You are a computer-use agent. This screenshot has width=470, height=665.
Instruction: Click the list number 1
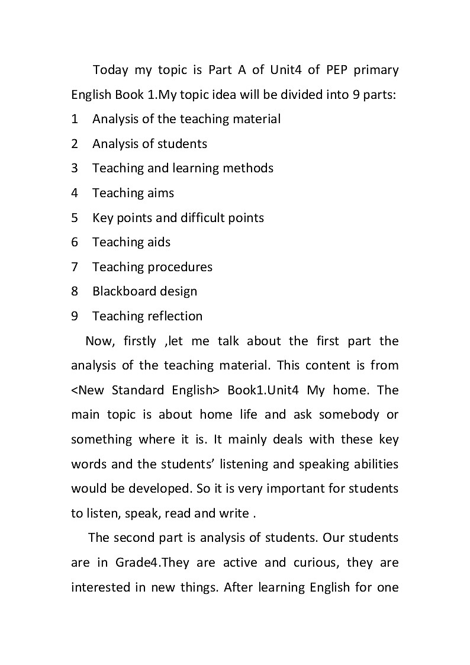point(75,119)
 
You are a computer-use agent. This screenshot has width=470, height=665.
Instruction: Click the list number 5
point(75,217)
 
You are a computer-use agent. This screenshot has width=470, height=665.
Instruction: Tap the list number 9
point(75,316)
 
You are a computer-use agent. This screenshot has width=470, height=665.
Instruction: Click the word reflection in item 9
point(175,316)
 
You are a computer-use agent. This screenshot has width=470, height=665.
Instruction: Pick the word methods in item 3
point(248,168)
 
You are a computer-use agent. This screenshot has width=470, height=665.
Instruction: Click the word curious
point(314,563)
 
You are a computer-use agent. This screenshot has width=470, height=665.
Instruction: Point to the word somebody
point(348,415)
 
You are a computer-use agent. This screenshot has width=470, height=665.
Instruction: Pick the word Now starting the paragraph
point(99,341)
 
